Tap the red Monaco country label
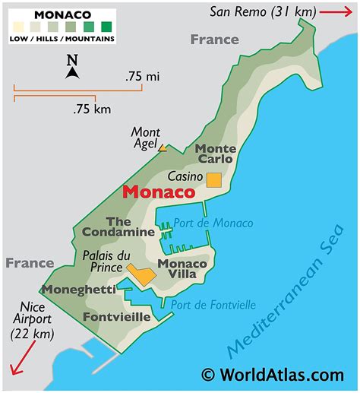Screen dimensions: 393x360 [159, 192]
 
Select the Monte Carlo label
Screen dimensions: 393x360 [215, 154]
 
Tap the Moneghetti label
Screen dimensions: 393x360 [79, 290]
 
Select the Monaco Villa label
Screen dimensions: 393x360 [182, 269]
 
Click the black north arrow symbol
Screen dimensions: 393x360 [72, 72]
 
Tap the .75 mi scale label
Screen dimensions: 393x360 [142, 78]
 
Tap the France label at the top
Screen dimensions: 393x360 [215, 40]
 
